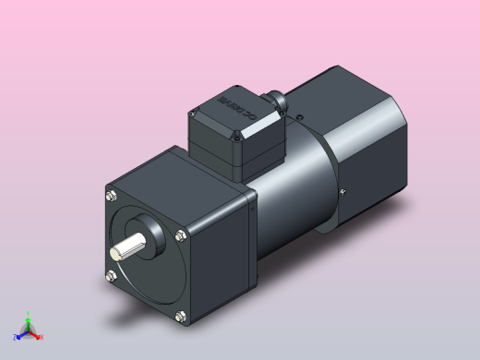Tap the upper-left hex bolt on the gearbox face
(112, 195)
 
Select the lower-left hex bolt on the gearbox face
(112, 275)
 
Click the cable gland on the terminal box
(276, 100)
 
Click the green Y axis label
(29, 313)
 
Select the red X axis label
(42, 337)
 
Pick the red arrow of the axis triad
(35, 332)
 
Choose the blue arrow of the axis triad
(22, 333)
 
